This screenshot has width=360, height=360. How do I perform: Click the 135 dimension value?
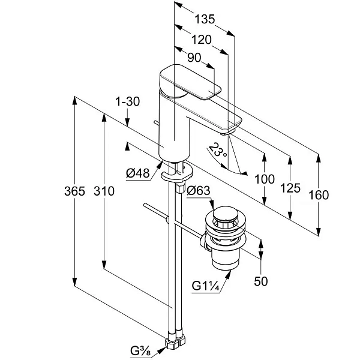click(x=205, y=19)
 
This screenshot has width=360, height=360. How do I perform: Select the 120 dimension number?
click(x=202, y=40)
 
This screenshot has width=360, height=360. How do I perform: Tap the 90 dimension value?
click(x=194, y=58)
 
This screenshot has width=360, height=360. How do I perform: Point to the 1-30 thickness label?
click(x=127, y=101)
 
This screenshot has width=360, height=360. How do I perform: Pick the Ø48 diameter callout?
click(x=138, y=173)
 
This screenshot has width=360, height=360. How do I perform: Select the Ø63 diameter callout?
click(x=199, y=191)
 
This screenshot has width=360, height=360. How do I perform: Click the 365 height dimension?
click(x=74, y=191)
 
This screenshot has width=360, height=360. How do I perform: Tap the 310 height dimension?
click(x=104, y=191)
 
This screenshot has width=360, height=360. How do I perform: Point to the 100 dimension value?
click(x=265, y=179)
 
